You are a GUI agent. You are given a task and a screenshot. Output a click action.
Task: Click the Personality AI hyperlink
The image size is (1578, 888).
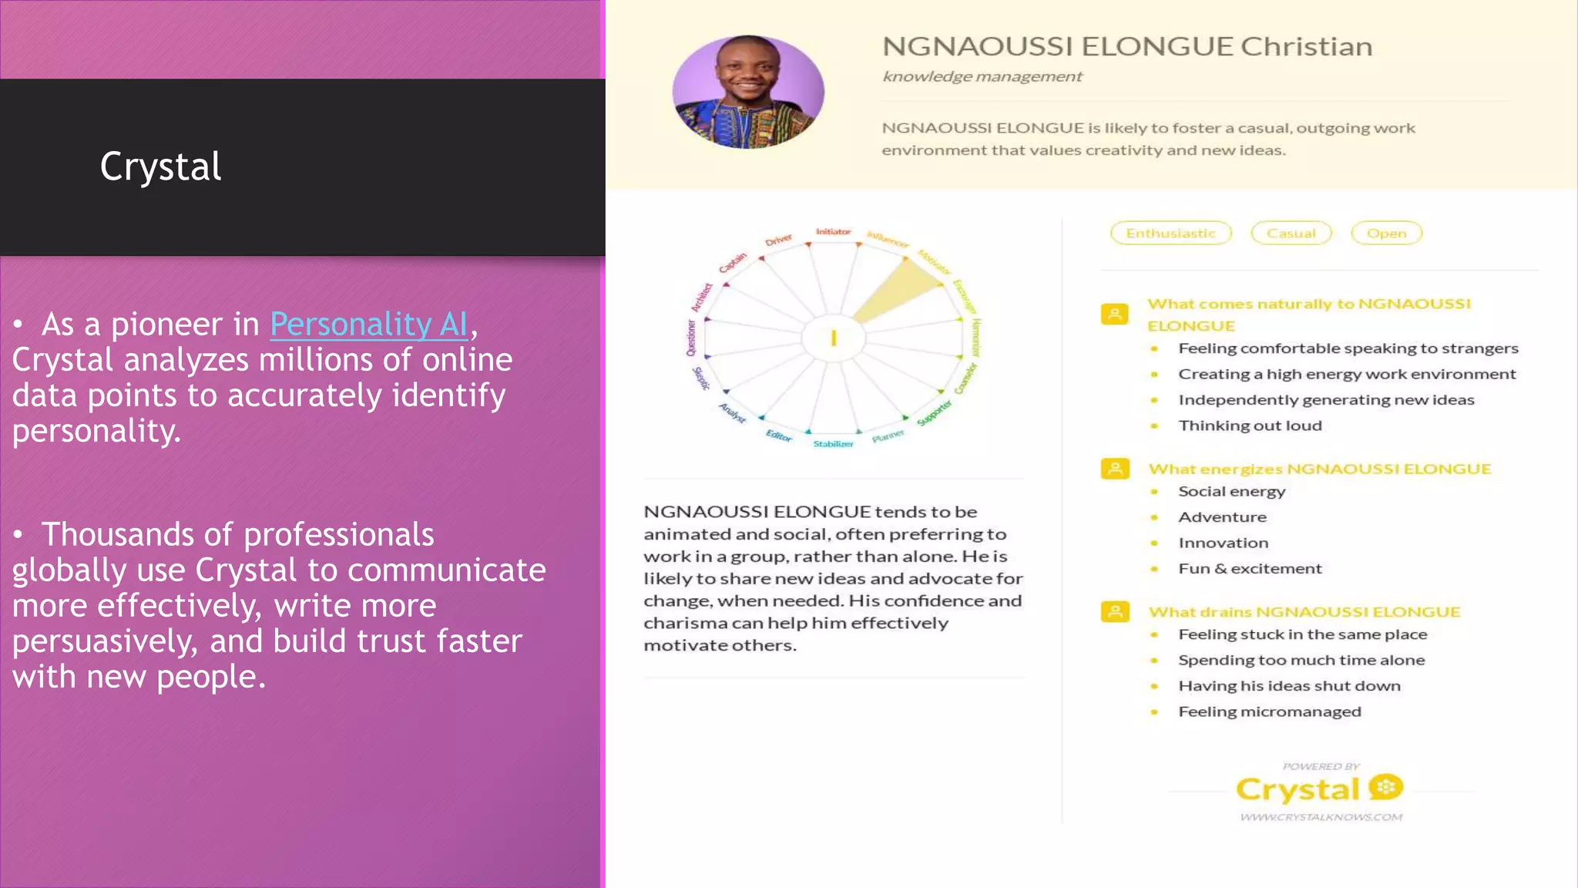368,325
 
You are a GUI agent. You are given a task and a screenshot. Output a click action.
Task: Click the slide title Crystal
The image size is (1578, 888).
160,166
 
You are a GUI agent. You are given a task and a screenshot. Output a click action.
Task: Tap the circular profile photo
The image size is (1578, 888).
747,92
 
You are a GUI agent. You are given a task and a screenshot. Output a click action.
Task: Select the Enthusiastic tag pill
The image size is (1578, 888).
1170,233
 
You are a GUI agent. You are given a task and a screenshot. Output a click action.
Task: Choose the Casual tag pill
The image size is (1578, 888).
1291,233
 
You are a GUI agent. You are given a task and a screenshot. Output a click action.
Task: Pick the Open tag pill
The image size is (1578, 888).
1386,233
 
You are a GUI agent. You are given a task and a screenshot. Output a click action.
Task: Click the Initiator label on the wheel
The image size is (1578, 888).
833,231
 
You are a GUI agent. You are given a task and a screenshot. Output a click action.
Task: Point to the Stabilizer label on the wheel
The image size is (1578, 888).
833,444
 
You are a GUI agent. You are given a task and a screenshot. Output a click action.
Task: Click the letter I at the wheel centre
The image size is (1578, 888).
833,338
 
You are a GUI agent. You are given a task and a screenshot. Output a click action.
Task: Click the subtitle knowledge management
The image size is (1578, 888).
982,76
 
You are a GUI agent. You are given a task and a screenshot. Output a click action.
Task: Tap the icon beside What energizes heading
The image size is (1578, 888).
1114,469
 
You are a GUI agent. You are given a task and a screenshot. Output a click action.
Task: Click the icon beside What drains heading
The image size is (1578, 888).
1114,612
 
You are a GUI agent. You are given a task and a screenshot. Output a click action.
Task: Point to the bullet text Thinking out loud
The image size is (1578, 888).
1250,425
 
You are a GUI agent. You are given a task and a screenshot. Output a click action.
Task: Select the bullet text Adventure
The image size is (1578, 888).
1222,517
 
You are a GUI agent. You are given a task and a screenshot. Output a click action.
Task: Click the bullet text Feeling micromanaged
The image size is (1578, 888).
1269,711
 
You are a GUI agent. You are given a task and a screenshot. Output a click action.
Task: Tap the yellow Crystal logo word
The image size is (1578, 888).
1298,789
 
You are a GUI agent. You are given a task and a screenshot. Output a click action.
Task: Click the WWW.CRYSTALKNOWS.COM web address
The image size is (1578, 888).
1321,817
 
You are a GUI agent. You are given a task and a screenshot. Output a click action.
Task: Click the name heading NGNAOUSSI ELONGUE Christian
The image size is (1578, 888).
1126,46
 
